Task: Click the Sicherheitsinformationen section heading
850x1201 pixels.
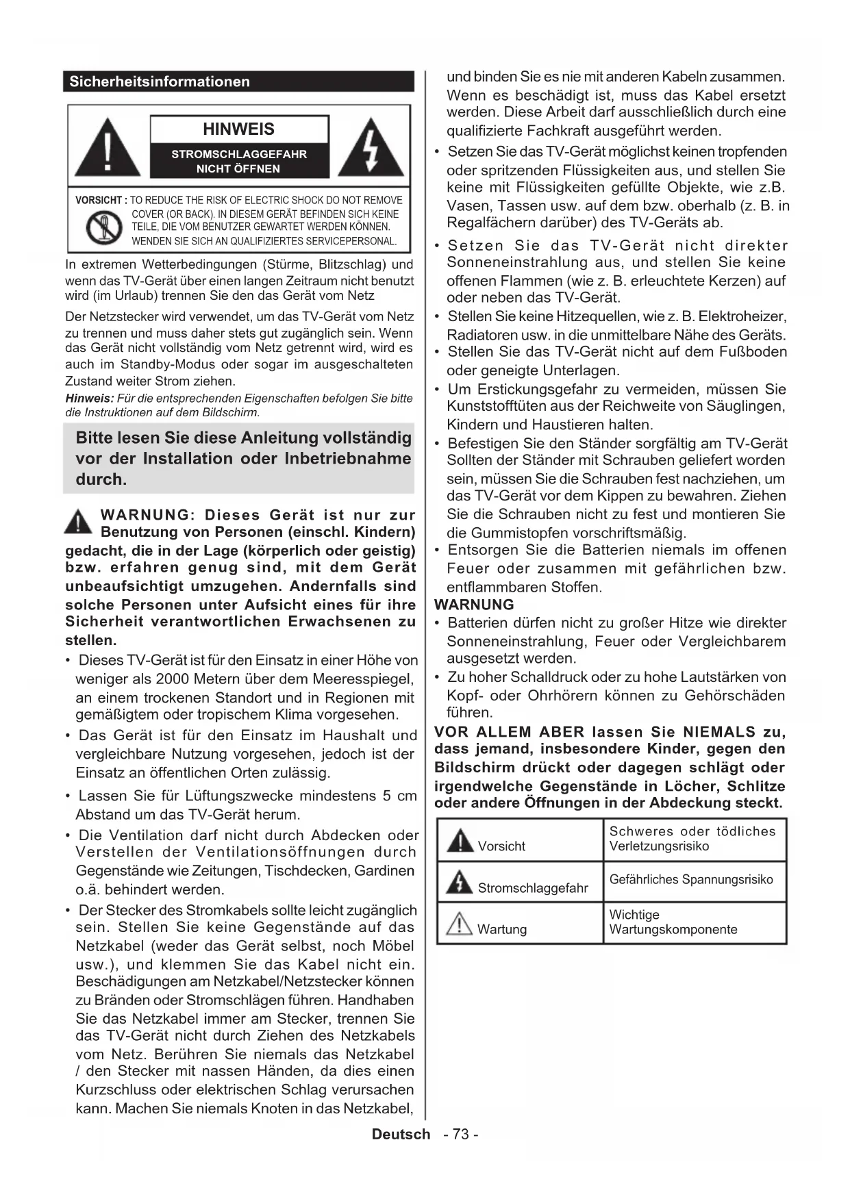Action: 160,81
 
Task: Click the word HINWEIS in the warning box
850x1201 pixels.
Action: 238,129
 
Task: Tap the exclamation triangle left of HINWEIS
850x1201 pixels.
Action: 108,147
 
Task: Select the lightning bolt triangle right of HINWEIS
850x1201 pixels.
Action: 371,147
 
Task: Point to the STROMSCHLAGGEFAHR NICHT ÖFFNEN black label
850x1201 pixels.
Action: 238,161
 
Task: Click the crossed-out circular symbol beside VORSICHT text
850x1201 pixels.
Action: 103,227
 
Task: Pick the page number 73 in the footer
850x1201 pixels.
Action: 461,1134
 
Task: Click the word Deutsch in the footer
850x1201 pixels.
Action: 401,1134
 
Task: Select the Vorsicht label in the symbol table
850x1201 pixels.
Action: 501,846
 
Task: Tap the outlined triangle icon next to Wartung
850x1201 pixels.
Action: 459,924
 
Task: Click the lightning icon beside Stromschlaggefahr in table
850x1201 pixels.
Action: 459,883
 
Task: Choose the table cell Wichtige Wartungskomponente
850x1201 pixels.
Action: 673,922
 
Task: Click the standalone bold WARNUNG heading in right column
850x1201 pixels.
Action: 474,605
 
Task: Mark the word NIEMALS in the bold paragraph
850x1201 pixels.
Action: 719,732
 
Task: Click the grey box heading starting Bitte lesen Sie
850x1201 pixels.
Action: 243,458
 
